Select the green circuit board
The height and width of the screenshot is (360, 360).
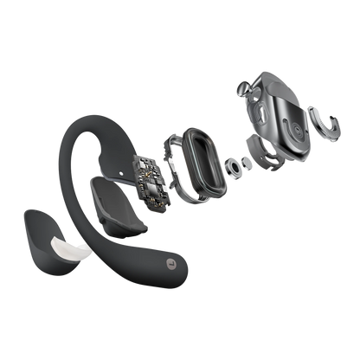(x=151, y=177)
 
